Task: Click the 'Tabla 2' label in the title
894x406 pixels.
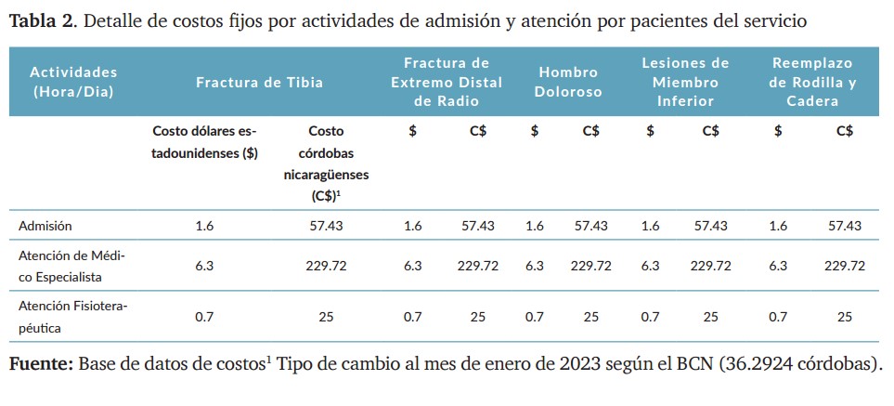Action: (x=41, y=20)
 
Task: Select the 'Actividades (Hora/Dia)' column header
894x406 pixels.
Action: (x=73, y=82)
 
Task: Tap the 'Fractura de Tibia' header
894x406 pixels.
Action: (x=259, y=83)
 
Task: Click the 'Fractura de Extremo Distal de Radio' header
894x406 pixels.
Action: (x=446, y=82)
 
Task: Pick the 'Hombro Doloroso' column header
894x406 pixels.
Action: (x=568, y=82)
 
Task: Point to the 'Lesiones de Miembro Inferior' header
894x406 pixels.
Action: (x=685, y=82)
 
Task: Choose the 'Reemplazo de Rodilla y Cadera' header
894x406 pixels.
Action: (x=812, y=82)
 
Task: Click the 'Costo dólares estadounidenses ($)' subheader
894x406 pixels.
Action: (x=204, y=143)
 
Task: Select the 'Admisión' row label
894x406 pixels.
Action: (x=44, y=226)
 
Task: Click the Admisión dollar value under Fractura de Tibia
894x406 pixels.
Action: (x=204, y=226)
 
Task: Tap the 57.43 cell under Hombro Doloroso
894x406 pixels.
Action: (x=591, y=226)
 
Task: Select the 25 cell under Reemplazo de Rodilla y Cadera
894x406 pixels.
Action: (x=845, y=317)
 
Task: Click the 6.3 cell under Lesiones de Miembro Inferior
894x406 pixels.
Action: (x=651, y=266)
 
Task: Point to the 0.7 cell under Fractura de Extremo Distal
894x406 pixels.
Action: (x=412, y=317)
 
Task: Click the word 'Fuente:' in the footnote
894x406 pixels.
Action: (x=41, y=363)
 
